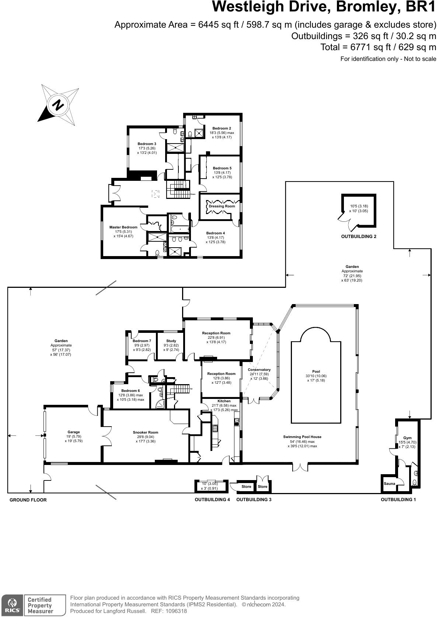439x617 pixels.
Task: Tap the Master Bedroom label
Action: [123, 227]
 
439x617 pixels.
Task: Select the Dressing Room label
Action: [222, 206]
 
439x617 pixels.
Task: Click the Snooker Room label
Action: [145, 432]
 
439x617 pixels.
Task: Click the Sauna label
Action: [389, 483]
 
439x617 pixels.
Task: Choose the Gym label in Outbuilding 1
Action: [407, 438]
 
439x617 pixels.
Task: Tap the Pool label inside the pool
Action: [316, 372]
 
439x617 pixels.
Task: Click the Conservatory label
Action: [259, 370]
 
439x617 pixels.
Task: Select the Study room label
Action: [171, 341]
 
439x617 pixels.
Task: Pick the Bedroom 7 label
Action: [142, 341]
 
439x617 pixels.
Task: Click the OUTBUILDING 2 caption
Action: [359, 237]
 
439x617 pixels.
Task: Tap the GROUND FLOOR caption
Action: [28, 500]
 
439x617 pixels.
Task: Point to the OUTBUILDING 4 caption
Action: [212, 500]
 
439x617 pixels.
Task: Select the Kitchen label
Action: [224, 401]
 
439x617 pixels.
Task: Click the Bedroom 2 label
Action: [222, 128]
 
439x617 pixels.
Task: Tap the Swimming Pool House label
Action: [302, 437]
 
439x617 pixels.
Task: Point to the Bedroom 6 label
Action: [130, 391]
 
